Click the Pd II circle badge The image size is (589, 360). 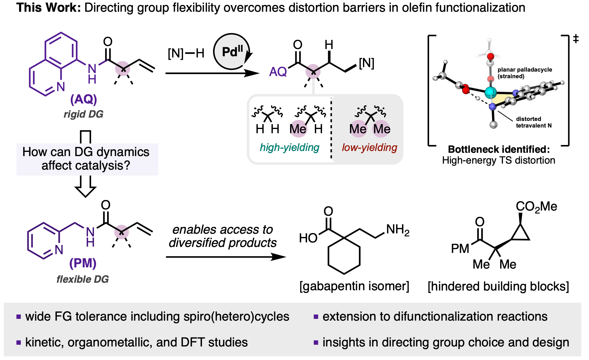point(231,51)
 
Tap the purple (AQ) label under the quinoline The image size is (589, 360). point(83,99)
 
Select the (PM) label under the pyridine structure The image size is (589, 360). point(83,263)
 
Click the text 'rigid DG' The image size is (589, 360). point(83,114)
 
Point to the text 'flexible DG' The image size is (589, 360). point(82,279)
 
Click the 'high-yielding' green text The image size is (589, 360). point(289,147)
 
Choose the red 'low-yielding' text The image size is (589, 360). point(369,147)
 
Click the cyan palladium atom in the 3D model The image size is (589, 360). point(491,92)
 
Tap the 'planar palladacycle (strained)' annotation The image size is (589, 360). point(525,73)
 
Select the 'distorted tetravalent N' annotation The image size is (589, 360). point(533,122)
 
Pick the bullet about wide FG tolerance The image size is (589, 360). point(157,316)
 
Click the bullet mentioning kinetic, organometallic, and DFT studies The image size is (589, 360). point(136,342)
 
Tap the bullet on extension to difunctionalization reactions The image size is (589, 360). point(435,316)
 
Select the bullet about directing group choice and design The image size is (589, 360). point(445,342)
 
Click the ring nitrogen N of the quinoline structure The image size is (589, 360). point(60,87)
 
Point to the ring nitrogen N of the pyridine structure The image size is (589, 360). point(59,250)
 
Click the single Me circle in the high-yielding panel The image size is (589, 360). point(299,129)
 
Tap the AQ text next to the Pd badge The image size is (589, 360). point(278,72)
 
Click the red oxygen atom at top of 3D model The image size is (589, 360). point(491,56)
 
